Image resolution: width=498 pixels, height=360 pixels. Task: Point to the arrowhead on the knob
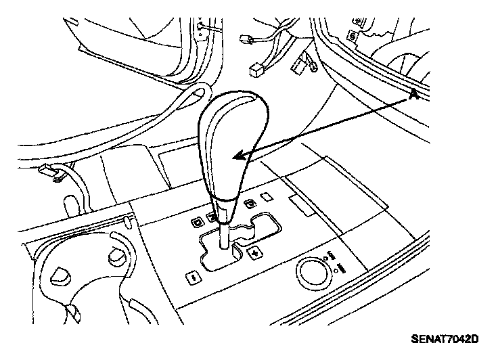237,157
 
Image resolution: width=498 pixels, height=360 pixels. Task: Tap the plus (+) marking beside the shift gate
255,253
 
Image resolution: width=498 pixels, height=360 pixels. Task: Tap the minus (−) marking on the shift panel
194,277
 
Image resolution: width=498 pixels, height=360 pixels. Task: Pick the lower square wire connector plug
256,69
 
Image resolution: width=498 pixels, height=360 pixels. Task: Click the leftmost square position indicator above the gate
196,221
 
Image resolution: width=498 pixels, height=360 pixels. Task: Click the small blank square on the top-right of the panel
267,197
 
